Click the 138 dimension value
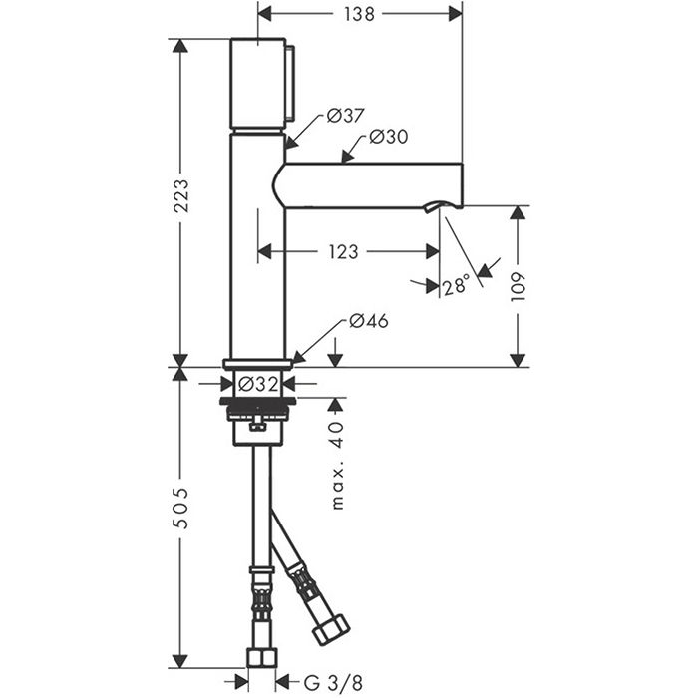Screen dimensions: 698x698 tap(359, 14)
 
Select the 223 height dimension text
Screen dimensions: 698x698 tap(180, 195)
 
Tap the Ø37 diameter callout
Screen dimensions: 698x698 tap(345, 116)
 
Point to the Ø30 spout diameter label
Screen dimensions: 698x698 tap(388, 137)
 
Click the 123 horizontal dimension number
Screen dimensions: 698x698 tap(344, 252)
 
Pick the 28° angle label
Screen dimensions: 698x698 tap(457, 285)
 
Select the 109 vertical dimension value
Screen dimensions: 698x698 tap(519, 287)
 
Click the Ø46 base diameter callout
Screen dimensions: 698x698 tap(369, 321)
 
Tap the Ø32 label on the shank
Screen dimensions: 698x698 tap(258, 384)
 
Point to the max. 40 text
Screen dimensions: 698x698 tap(337, 466)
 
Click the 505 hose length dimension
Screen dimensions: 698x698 tap(180, 508)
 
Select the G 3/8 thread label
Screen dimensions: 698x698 tap(333, 682)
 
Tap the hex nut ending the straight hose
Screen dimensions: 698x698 tap(261, 658)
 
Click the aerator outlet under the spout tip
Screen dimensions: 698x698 tap(435, 206)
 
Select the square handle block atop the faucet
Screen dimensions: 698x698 tap(258, 83)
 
